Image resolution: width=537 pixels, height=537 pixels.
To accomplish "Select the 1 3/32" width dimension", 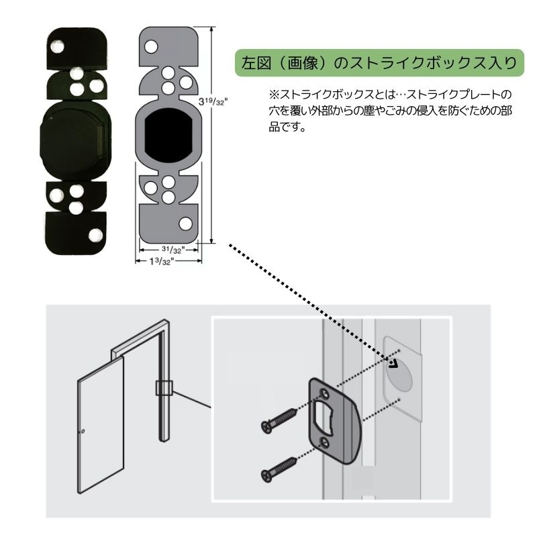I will pyautogui.click(x=162, y=262).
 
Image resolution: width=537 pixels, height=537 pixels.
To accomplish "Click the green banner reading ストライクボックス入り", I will pyautogui.click(x=379, y=64).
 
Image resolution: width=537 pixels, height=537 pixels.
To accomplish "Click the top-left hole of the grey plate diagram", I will pyautogui.click(x=152, y=47).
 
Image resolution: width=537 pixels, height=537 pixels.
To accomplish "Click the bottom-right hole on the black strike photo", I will pyautogui.click(x=95, y=234).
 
